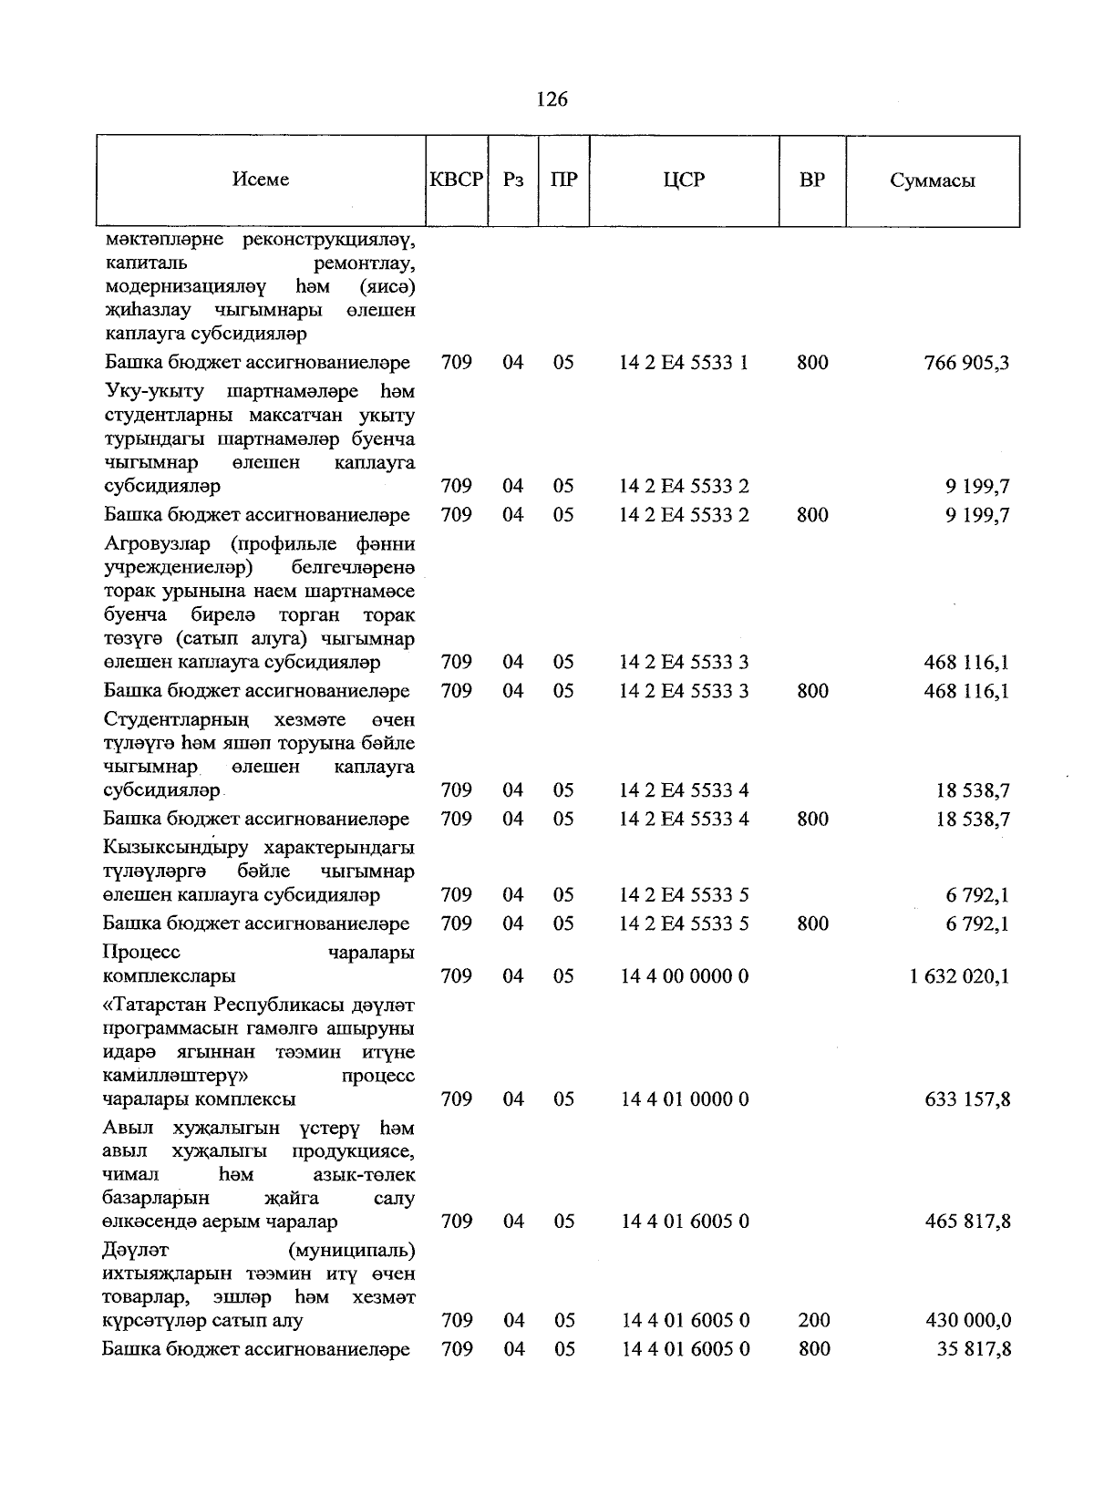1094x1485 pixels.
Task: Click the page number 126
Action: [x=552, y=99]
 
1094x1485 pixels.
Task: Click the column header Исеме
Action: [x=261, y=180]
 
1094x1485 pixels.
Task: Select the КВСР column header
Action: [x=456, y=180]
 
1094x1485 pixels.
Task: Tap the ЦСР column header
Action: [x=684, y=180]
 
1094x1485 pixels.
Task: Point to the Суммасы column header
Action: [x=932, y=180]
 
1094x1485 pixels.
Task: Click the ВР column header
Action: [x=811, y=180]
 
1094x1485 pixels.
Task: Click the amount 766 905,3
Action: [x=966, y=364]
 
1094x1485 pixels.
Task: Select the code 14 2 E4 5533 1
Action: [x=684, y=363]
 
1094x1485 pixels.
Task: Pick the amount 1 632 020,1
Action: [x=959, y=977]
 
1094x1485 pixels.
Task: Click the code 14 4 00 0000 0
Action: [x=685, y=976]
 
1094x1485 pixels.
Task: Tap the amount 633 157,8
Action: [x=966, y=1100]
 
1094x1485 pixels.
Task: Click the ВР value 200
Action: [x=813, y=1321]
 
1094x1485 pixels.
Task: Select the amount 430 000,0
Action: [x=966, y=1321]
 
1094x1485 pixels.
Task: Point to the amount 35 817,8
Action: [x=973, y=1350]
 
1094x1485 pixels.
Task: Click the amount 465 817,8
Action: [x=966, y=1222]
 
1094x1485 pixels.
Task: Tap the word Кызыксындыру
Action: [x=177, y=849]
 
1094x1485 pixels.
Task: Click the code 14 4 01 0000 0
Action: [x=685, y=1099]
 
